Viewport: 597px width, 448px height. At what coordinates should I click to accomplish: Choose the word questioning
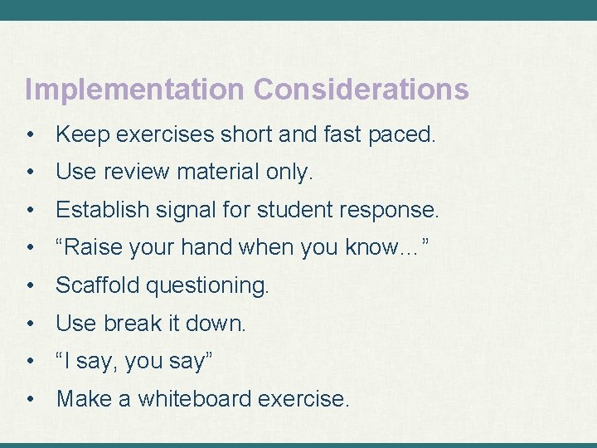coord(207,287)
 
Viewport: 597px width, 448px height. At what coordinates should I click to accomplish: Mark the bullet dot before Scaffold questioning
coord(31,286)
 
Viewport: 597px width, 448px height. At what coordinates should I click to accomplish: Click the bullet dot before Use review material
coord(31,173)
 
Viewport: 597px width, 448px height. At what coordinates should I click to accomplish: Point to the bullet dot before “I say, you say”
coord(31,362)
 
